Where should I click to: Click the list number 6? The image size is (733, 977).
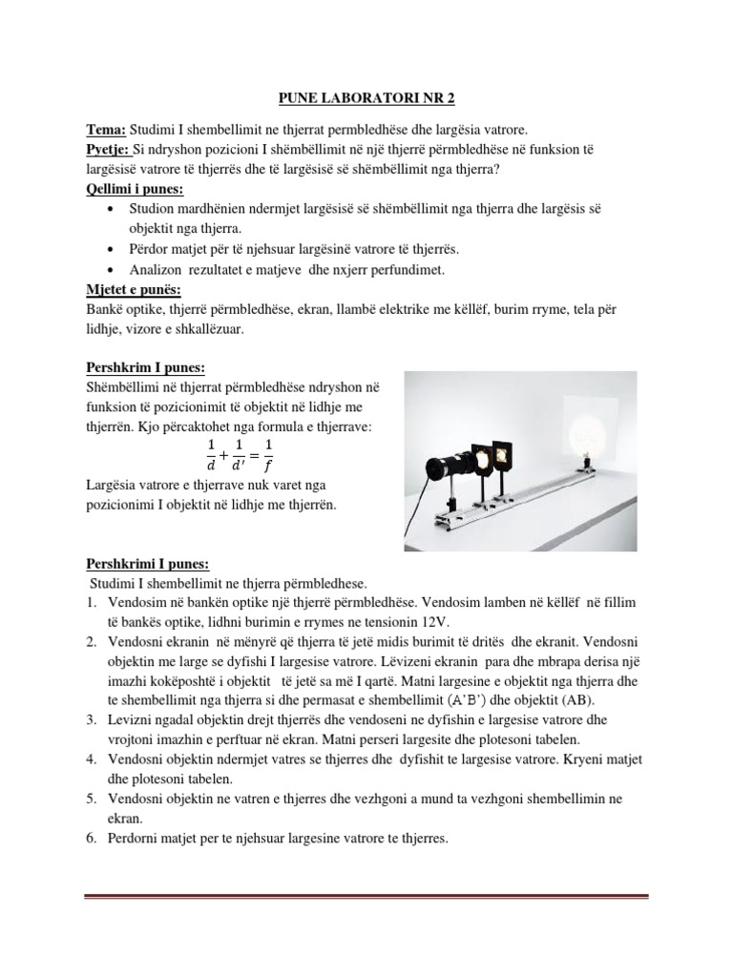[x=92, y=839]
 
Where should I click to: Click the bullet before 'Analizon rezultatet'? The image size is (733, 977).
[x=115, y=269]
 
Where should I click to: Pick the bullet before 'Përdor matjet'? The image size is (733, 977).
[x=115, y=249]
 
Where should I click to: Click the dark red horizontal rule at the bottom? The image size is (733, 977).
[x=366, y=896]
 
